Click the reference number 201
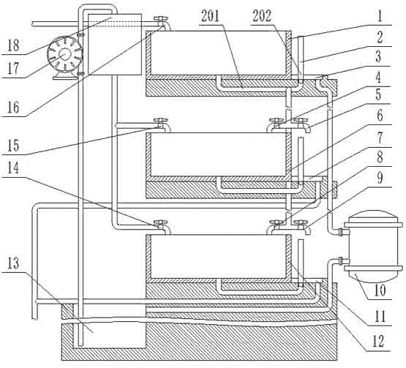tap(210, 16)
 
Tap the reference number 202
tap(262, 16)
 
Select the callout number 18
tap(13, 46)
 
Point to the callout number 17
tap(13, 69)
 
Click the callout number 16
tap(13, 108)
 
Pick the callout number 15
tap(13, 146)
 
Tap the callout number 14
tap(13, 168)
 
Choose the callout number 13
tap(13, 263)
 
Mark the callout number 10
tap(380, 290)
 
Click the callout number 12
tap(378, 342)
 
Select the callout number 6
tap(380, 116)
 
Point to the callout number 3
tap(378, 56)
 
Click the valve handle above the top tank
tap(160, 18)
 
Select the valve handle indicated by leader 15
tap(160, 120)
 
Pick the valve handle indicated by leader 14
tap(160, 222)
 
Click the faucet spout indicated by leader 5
tap(307, 129)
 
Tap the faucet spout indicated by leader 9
tap(307, 230)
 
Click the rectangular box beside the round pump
tap(115, 45)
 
